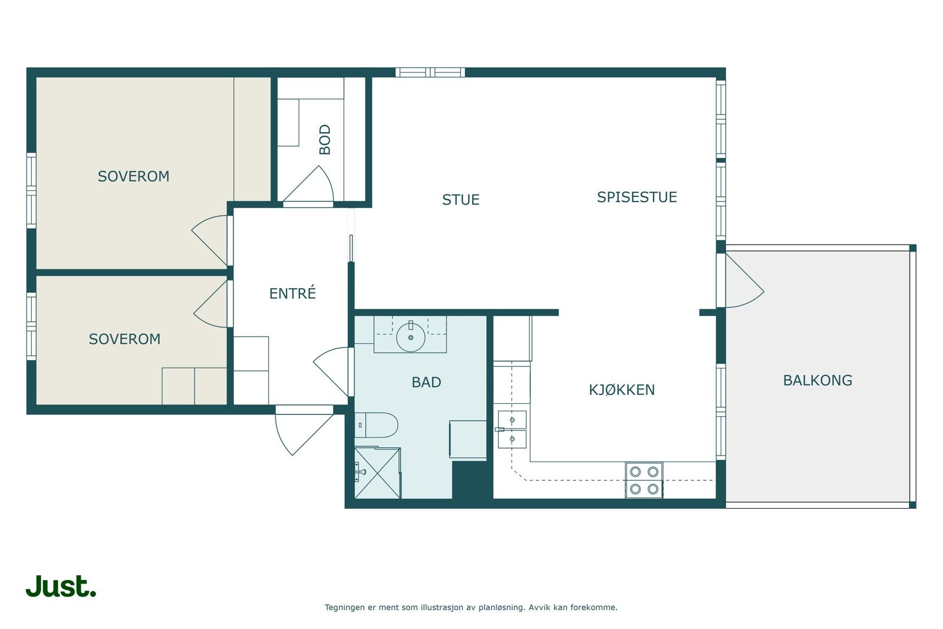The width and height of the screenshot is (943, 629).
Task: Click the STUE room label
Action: [x=460, y=200]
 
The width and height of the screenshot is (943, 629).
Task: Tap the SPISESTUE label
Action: [x=637, y=197]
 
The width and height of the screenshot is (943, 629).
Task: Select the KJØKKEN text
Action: [x=622, y=390]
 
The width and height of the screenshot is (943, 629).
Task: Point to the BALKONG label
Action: [x=817, y=381]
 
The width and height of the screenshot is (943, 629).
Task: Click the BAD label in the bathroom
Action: [x=427, y=382]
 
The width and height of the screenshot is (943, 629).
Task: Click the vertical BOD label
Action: [x=325, y=139]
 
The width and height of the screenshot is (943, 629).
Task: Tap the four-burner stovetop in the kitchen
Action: [x=644, y=480]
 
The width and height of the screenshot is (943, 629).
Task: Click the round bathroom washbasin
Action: [x=410, y=337]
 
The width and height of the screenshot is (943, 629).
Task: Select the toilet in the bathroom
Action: [x=376, y=425]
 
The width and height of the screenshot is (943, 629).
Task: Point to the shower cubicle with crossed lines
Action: [x=378, y=473]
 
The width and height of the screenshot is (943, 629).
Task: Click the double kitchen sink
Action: [x=512, y=429]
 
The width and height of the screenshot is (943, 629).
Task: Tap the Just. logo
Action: [x=61, y=586]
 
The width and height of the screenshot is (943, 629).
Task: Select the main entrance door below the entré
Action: [x=304, y=430]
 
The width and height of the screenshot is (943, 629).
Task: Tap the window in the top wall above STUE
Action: [x=430, y=73]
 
